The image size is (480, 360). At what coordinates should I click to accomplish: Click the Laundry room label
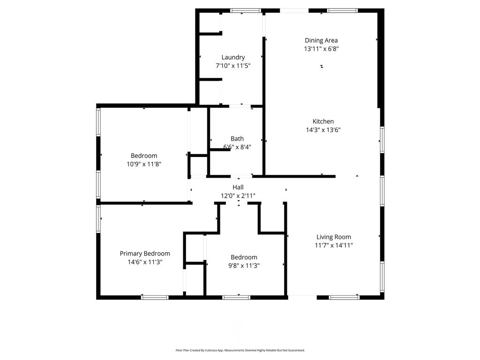(x=233, y=57)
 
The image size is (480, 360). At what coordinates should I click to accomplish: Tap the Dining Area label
(x=321, y=40)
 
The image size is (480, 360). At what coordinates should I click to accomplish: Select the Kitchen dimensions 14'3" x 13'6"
(x=323, y=130)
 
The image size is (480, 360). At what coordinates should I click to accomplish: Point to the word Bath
(x=237, y=138)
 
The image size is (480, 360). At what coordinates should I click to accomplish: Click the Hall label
(x=238, y=187)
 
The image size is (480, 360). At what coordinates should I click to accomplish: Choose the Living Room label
(x=333, y=237)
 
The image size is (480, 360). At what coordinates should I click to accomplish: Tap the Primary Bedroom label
(x=145, y=254)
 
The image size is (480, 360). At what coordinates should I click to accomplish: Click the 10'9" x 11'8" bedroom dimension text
(x=144, y=164)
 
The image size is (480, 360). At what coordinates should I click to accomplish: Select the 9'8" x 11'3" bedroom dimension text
(x=244, y=265)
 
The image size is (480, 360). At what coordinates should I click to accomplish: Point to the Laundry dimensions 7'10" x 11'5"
(x=233, y=66)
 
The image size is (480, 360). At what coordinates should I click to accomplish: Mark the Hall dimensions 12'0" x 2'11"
(x=238, y=196)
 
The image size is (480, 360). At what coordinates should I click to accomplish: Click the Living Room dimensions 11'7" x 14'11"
(x=333, y=245)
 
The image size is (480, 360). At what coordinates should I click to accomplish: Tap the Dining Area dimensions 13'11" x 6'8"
(x=321, y=49)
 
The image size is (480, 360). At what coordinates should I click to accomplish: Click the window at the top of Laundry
(x=246, y=10)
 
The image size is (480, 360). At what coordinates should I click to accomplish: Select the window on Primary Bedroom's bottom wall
(x=155, y=297)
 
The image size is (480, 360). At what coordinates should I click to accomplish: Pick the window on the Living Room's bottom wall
(x=344, y=297)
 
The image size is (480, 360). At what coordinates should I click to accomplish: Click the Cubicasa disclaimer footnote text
(x=240, y=350)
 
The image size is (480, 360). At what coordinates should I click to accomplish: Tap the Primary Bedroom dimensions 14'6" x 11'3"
(x=145, y=262)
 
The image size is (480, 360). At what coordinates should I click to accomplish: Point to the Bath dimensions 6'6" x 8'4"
(x=237, y=147)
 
